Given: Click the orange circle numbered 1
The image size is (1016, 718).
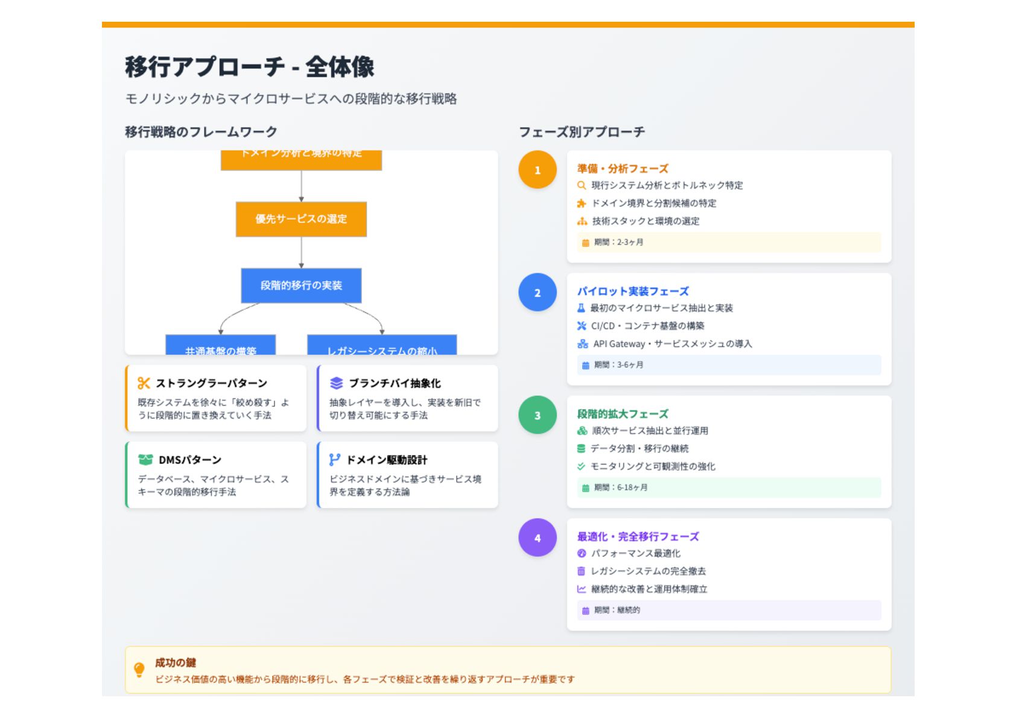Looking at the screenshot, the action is coord(537,170).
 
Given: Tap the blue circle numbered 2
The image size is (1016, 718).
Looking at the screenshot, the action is coord(537,293).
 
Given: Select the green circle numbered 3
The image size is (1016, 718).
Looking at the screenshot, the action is coord(537,415).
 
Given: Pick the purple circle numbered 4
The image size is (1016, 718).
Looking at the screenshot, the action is coord(537,538).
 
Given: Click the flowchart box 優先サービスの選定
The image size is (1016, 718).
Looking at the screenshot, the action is coord(301,219).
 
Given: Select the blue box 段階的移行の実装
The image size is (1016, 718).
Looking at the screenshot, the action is coord(301,285).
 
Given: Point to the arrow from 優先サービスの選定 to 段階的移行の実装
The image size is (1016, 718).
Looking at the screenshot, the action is coord(301,252).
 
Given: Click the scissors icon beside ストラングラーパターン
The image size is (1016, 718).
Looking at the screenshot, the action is coord(144,383).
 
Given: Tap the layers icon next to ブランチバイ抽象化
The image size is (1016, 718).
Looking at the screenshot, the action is coord(336,383).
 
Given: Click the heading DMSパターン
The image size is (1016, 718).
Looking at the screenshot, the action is coord(189,460).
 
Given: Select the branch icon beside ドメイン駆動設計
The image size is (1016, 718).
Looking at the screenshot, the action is coord(335,460).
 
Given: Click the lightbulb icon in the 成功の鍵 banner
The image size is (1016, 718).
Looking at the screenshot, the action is coord(139,670).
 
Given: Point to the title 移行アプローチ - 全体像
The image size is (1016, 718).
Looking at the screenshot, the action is coord(249,67).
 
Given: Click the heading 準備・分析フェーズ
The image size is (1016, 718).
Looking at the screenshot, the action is coord(623,168).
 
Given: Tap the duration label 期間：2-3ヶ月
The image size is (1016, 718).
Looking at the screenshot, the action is coord(618,243).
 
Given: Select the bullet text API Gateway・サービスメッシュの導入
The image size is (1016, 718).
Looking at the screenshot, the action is coord(672,344).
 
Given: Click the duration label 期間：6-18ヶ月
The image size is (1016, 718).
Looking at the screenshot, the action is coord(620,488).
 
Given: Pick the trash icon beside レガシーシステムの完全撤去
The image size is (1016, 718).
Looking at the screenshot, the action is coord(581,571).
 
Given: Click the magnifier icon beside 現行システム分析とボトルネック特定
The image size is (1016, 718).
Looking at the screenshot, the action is coord(582,185).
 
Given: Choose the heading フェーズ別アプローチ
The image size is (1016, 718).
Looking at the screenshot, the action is coord(582,132).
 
